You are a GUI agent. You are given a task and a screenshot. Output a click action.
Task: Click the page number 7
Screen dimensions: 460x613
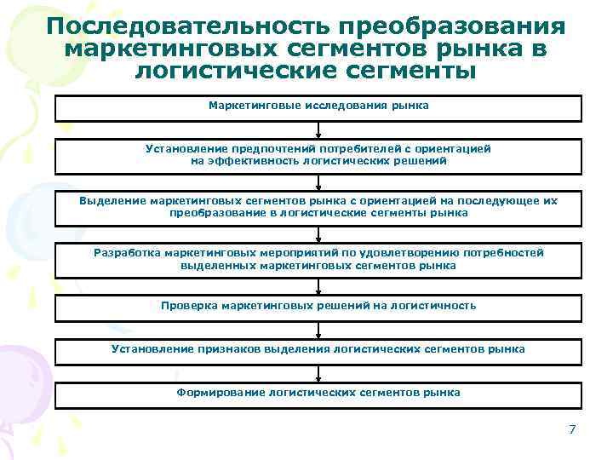tap(572, 429)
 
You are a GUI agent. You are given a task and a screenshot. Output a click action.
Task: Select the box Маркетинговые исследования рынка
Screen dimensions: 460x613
tap(318, 107)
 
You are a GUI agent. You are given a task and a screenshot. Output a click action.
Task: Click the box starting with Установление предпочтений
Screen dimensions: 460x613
tap(318, 155)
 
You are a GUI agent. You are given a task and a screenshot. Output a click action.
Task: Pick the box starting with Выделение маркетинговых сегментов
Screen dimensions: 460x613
tap(318, 207)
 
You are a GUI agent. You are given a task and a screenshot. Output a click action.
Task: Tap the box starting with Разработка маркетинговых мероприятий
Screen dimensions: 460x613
tap(318, 259)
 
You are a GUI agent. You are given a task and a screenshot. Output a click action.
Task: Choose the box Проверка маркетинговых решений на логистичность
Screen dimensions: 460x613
tap(318, 306)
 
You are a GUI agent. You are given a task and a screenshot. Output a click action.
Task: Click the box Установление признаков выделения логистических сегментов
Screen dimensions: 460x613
tap(318, 349)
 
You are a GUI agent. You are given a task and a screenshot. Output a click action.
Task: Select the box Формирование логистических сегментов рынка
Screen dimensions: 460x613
tap(318, 394)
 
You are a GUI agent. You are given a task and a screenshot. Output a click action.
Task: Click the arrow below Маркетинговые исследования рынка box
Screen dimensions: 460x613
tap(318, 129)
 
